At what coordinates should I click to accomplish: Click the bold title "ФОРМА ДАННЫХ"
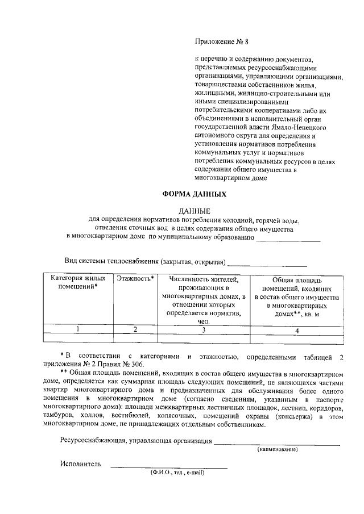pos(195,194)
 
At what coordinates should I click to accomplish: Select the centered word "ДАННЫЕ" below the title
pos(195,211)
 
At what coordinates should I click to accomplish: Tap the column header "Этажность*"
pos(135,279)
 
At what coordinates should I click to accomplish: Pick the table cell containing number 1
pos(78,329)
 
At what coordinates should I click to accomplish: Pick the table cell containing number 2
pos(135,329)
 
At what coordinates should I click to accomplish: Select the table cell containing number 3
pos(203,329)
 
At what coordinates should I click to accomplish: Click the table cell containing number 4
pos(297,329)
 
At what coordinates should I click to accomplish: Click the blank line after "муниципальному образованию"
pos(288,239)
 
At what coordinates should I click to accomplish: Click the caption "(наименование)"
pos(277,449)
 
